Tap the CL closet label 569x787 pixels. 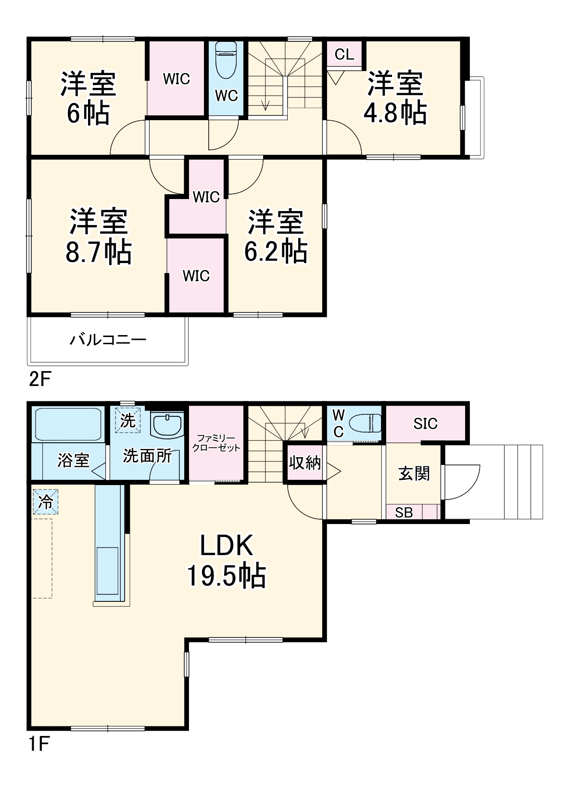344,54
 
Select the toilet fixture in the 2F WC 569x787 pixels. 226,60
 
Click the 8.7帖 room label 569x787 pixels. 99,236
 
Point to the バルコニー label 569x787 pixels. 108,340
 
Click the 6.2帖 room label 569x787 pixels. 276,236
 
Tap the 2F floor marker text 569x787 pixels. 39,380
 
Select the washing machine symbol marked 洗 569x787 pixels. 127,420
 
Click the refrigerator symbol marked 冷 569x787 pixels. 46,502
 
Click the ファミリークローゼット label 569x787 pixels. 216,443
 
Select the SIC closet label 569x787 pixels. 425,424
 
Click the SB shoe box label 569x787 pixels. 404,512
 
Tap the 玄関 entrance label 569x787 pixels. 414,474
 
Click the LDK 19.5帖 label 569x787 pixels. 226,560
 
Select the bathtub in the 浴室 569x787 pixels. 67,424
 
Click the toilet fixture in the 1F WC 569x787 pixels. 365,424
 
